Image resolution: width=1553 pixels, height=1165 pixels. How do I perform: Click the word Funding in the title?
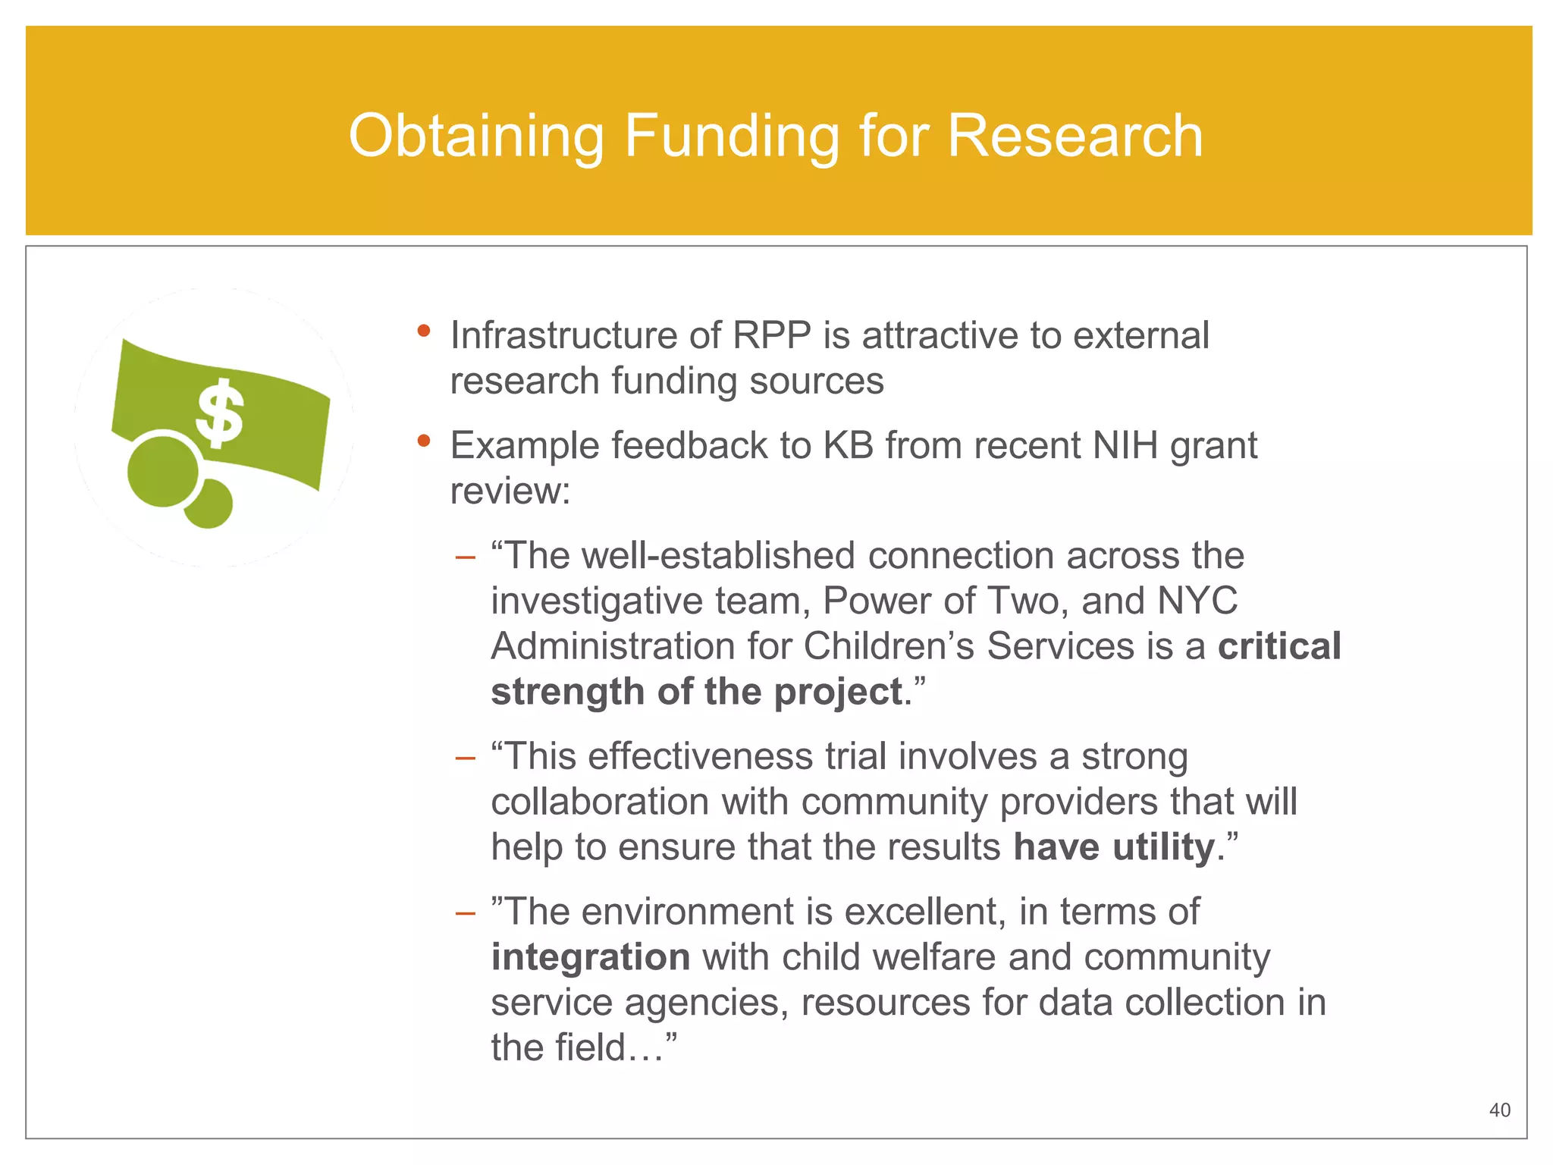point(731,136)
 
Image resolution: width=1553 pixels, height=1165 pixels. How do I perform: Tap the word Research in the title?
point(1075,136)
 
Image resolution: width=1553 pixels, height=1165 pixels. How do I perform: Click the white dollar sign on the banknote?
point(220,413)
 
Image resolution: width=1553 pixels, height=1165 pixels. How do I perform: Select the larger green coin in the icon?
point(162,469)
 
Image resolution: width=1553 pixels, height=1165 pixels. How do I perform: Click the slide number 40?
point(1499,1110)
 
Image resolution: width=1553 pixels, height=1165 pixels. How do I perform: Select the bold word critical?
point(1279,646)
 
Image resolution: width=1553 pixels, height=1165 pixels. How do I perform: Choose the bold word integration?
point(590,957)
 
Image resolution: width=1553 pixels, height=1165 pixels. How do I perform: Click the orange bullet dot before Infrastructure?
point(424,331)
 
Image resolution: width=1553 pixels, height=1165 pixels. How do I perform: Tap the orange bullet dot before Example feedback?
point(424,441)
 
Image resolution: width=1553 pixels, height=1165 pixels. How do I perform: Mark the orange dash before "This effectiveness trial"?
point(465,758)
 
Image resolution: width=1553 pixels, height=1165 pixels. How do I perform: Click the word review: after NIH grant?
point(510,491)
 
